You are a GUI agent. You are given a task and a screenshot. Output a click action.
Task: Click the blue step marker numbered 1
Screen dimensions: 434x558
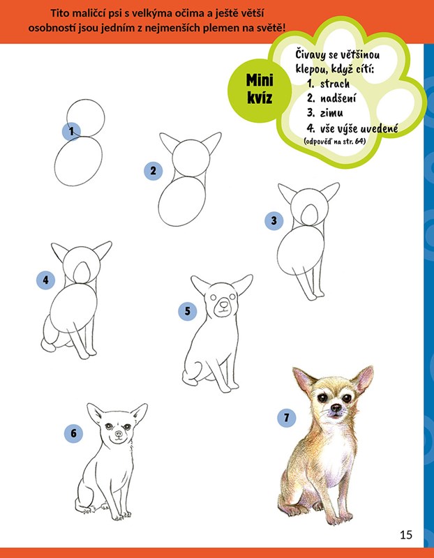(71, 132)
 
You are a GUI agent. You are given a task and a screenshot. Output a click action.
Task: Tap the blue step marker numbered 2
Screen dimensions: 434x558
(153, 171)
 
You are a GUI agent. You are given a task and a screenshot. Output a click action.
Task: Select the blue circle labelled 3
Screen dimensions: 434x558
(274, 220)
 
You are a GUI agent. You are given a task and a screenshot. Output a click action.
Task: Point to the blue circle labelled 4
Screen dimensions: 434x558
(45, 280)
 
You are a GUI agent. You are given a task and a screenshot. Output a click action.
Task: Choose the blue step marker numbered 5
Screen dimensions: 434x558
(187, 311)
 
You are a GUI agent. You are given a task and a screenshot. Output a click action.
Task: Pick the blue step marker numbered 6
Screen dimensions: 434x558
(73, 433)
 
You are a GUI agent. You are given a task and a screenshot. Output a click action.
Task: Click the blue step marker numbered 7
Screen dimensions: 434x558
(287, 417)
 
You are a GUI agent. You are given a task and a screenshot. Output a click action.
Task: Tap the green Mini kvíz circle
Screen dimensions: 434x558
(260, 90)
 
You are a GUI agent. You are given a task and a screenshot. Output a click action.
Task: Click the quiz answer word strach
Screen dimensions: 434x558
(335, 84)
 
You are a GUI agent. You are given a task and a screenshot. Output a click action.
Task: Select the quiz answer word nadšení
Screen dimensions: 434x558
(338, 98)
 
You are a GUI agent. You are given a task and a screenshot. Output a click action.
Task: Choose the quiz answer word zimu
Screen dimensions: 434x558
(331, 113)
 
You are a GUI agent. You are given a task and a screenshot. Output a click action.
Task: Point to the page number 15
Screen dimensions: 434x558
(406, 535)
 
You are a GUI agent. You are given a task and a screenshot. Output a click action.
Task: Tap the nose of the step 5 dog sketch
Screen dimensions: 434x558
(223, 304)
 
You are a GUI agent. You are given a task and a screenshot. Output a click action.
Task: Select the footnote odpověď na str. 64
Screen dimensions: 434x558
(335, 142)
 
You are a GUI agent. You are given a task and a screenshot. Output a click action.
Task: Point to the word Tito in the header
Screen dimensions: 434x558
(59, 13)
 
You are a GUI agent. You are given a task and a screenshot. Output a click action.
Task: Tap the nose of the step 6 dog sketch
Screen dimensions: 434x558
(119, 434)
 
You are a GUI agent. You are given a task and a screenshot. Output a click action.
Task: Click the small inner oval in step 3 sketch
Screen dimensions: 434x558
(309, 214)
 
